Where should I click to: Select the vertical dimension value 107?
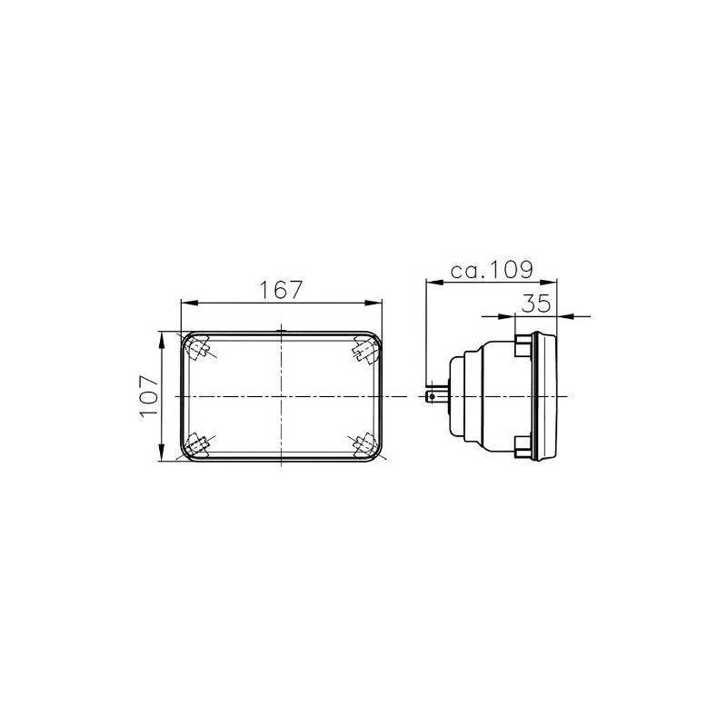click(151, 397)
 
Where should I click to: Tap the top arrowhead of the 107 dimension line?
click(163, 336)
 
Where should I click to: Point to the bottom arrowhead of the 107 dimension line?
click(163, 456)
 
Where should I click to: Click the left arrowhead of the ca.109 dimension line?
click(433, 283)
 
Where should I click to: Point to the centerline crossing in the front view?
click(281, 397)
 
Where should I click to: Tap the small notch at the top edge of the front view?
click(281, 330)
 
